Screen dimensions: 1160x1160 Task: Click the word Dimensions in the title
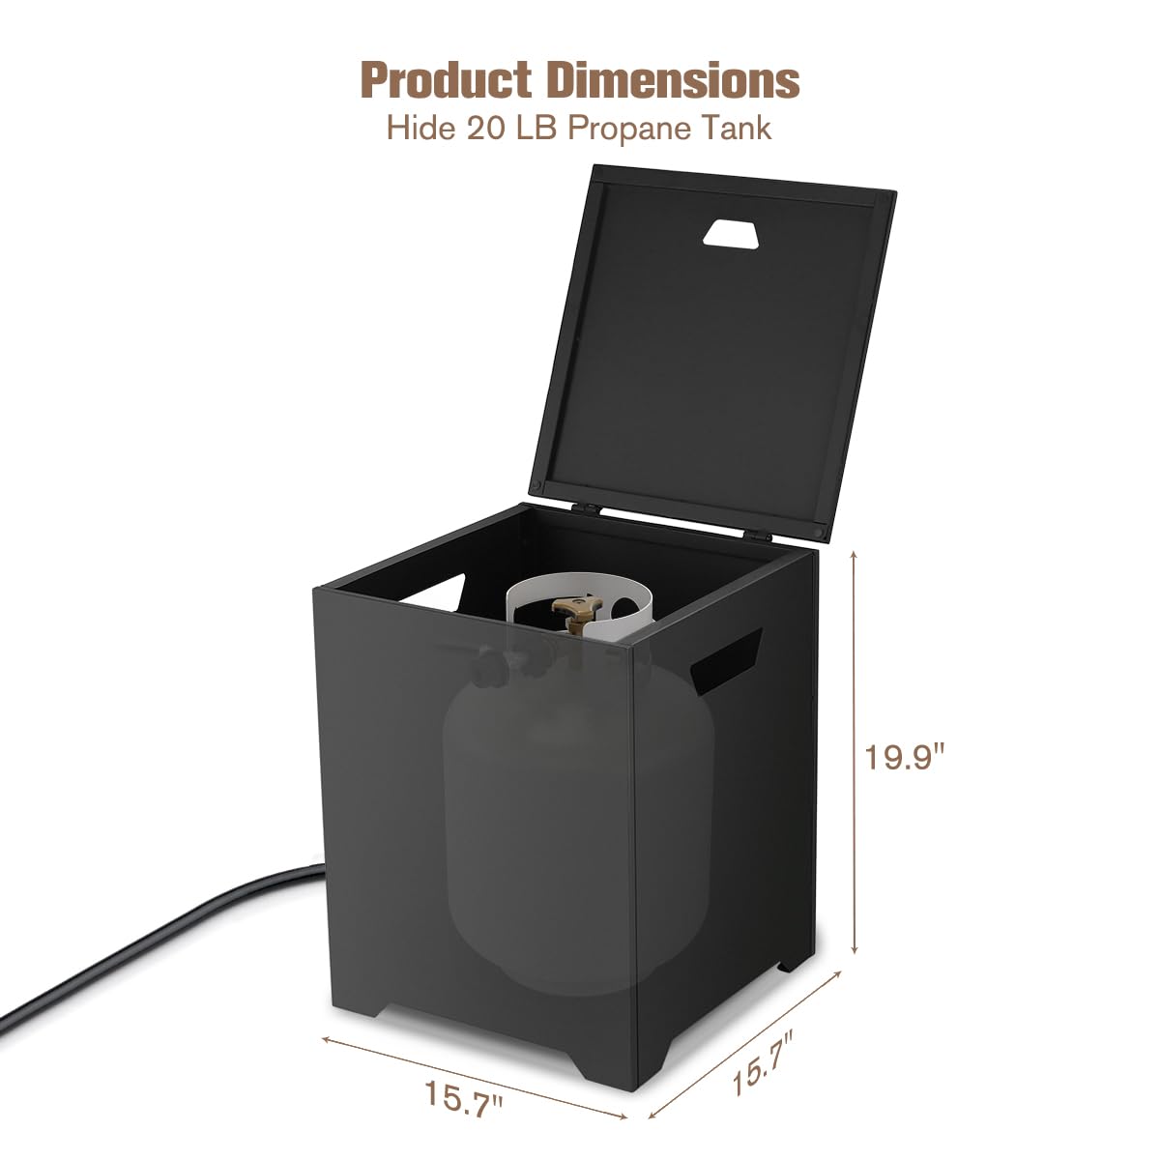tap(673, 80)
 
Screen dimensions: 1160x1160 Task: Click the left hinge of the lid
tap(587, 507)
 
